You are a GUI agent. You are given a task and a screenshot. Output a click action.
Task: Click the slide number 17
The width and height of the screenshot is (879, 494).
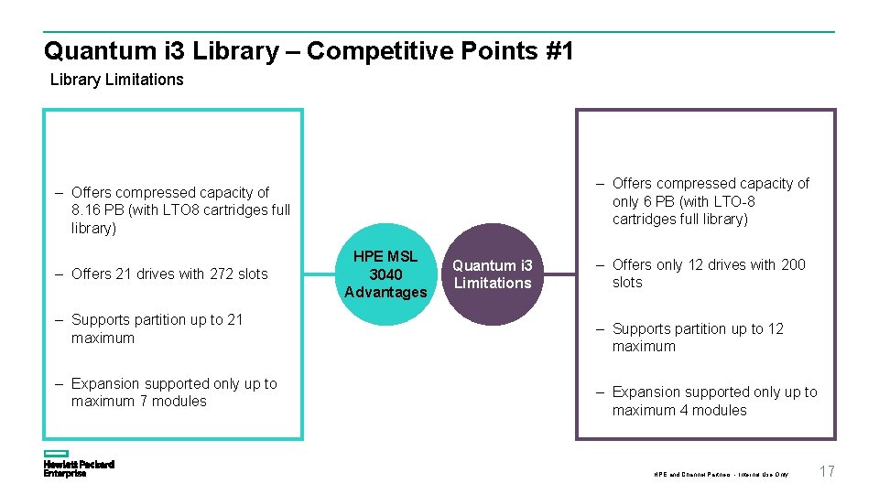pyautogui.click(x=827, y=471)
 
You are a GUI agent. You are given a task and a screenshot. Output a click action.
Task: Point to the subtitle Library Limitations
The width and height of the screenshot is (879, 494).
pyautogui.click(x=116, y=80)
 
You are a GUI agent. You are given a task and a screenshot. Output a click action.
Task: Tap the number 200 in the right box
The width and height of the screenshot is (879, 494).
pyautogui.click(x=793, y=264)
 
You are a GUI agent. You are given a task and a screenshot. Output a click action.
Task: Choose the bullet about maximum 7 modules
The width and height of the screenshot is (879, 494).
pyautogui.click(x=173, y=392)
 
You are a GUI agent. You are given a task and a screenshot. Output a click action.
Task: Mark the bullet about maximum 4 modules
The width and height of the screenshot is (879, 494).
pyautogui.click(x=714, y=401)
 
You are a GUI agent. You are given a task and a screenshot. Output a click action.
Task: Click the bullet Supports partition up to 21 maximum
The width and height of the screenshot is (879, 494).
pyautogui.click(x=157, y=328)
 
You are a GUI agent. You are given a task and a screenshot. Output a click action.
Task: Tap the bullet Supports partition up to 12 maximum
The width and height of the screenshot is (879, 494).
pyautogui.click(x=698, y=338)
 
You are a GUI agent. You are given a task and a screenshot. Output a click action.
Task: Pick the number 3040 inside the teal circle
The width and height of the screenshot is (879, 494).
pyautogui.click(x=385, y=274)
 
